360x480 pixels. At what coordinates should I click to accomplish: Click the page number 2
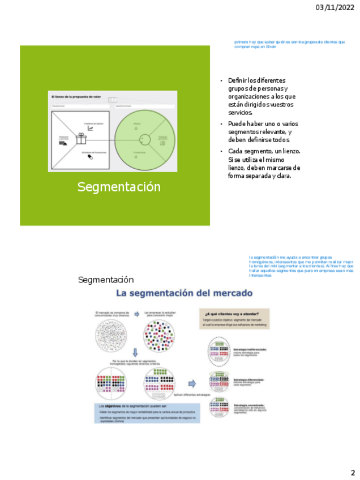coord(352,473)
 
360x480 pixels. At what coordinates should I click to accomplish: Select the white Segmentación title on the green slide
coord(119,187)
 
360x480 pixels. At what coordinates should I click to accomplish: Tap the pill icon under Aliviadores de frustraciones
coord(90,157)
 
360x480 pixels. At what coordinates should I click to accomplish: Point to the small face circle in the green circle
coord(136,128)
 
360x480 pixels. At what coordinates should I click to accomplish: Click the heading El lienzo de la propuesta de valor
coord(76,97)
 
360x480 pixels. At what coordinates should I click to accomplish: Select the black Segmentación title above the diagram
coord(106,280)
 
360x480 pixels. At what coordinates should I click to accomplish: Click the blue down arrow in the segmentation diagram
coord(135,353)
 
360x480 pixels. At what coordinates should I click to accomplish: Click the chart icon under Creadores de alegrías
coord(90,128)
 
